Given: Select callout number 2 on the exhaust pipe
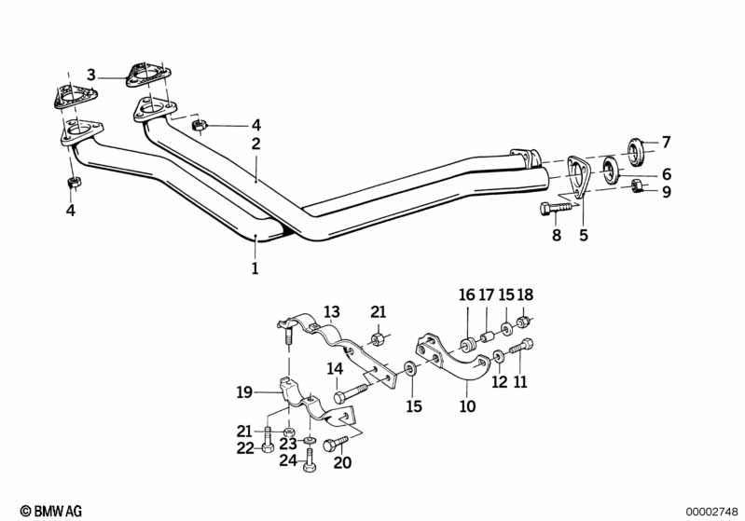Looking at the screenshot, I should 255,144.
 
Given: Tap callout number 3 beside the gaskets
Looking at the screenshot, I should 91,74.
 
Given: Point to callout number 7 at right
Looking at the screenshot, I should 666,143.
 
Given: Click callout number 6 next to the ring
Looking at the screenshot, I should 666,173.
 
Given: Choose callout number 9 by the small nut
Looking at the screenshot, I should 666,193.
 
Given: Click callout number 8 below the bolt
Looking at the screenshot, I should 557,236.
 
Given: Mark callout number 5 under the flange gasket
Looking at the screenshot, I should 584,236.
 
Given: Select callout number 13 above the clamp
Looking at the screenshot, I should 333,310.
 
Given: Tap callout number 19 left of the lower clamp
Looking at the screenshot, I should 244,392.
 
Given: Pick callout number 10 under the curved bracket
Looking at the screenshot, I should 467,406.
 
